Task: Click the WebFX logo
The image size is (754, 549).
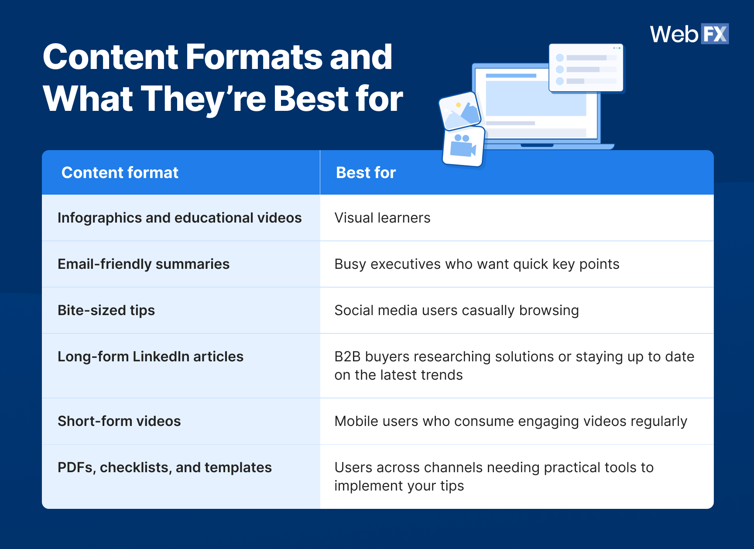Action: pos(689,34)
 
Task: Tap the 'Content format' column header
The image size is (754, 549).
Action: pos(120,173)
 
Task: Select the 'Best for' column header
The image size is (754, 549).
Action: pos(366,173)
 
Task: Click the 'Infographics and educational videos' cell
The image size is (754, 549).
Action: pos(180,218)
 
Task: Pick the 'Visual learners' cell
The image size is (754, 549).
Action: pos(382,218)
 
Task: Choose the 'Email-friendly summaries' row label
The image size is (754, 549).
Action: pos(144,264)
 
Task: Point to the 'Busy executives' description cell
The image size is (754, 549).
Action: pos(477,264)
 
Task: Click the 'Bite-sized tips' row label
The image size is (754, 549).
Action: pos(106,310)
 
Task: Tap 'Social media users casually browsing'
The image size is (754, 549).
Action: pos(457,310)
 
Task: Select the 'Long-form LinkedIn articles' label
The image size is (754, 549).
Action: pos(151,357)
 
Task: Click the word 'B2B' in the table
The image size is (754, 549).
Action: pos(347,357)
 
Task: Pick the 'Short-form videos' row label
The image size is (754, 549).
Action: pos(119,421)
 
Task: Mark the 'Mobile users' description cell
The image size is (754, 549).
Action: pos(511,422)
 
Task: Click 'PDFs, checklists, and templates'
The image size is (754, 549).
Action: pos(165,467)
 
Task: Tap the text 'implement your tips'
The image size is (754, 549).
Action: pos(399,486)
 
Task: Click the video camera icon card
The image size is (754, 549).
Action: pos(463,147)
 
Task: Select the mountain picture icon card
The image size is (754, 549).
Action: pos(460,111)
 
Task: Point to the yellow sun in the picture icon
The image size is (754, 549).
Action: pos(458,105)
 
